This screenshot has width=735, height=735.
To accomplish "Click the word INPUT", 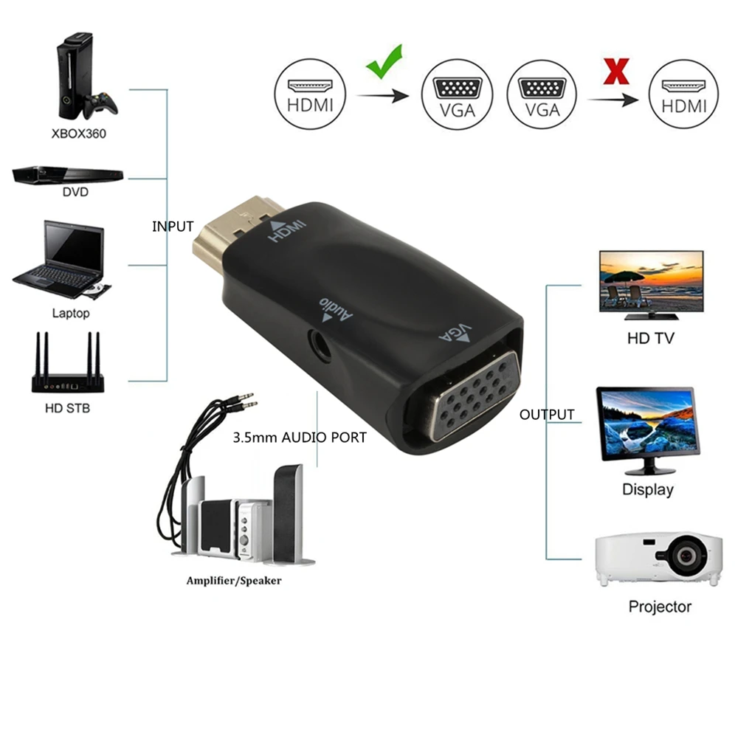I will (173, 227).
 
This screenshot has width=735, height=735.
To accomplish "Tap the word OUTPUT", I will (546, 415).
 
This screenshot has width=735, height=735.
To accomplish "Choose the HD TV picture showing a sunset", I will (650, 283).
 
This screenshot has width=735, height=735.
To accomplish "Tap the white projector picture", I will (659, 558).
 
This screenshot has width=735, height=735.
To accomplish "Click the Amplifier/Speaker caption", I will (234, 581).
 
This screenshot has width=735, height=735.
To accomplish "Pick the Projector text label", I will (659, 607).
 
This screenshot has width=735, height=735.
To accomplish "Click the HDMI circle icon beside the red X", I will (683, 95).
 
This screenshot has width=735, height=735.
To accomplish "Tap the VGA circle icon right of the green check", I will (457, 95).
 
